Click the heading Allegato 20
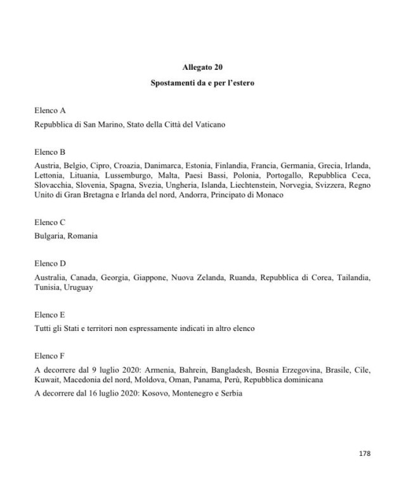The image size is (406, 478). [202, 67]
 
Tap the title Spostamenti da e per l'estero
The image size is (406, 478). [202, 83]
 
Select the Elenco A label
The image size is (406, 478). [50, 110]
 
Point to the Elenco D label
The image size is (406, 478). [50, 262]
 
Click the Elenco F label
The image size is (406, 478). [50, 355]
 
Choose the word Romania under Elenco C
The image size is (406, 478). [83, 236]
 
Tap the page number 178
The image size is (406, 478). [364, 453]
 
